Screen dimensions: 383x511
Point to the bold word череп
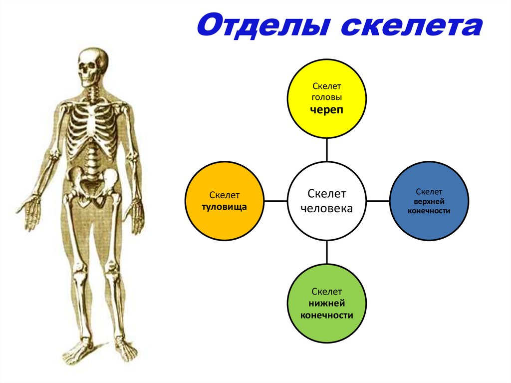(x=327, y=110)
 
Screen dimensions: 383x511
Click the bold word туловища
(x=224, y=206)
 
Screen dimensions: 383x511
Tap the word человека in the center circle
(x=327, y=209)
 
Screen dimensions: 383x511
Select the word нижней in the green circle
(x=327, y=303)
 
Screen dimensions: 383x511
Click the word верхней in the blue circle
(x=429, y=201)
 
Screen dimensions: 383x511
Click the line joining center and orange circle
(x=275, y=201)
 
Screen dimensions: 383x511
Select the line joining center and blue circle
(x=378, y=201)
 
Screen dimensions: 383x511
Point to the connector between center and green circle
(x=326, y=252)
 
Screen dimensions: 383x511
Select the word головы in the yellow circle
(x=327, y=98)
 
